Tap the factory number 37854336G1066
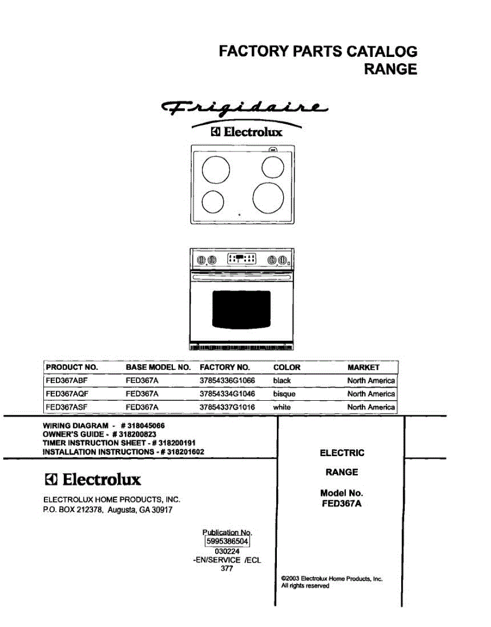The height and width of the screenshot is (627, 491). [x=227, y=380]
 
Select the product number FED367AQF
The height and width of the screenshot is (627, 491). [x=67, y=394]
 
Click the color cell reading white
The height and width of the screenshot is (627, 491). [x=282, y=407]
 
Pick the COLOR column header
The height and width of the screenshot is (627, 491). [x=287, y=367]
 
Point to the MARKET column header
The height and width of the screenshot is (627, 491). [x=363, y=367]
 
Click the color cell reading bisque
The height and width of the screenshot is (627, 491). [x=284, y=394]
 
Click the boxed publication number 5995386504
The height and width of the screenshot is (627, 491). [x=227, y=541]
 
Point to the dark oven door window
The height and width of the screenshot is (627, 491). [x=241, y=309]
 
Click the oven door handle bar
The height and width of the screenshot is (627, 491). [x=242, y=277]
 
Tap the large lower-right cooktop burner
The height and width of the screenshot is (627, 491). [x=268, y=198]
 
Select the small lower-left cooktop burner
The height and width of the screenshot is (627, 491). [x=213, y=202]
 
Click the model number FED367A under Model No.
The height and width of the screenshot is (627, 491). [x=342, y=504]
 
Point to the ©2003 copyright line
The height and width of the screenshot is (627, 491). [x=332, y=579]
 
